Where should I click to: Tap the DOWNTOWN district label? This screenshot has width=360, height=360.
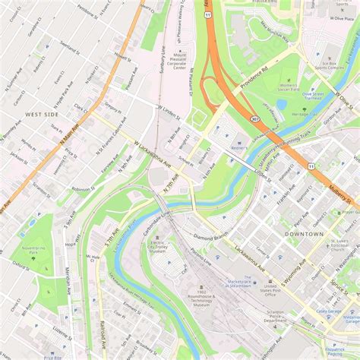304,234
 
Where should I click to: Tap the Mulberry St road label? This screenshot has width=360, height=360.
339,193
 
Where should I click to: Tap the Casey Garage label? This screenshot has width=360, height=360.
328,311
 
